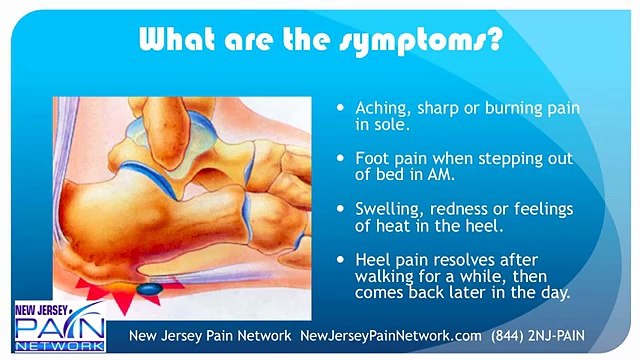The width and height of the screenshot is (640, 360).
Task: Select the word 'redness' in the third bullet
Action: (461, 210)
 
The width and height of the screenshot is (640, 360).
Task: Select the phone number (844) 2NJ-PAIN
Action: (567, 335)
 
